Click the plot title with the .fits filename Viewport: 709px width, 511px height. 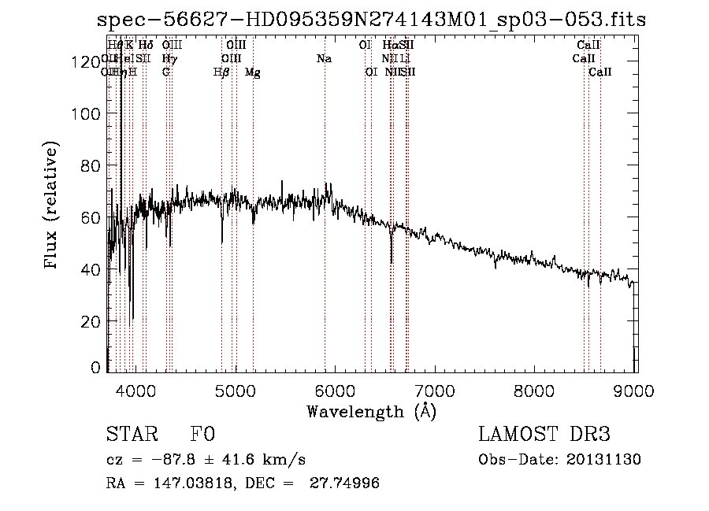pos(370,20)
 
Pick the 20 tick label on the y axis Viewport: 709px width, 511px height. pos(92,321)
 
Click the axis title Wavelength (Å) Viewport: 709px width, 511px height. pos(370,412)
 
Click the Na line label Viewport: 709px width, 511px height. pos(324,59)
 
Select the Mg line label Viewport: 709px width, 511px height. pos(253,72)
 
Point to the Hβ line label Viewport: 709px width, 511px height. pos(221,72)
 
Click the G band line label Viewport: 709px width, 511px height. pos(166,72)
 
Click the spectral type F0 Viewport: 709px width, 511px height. pos(202,435)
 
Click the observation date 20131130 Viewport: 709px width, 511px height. pos(604,460)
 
